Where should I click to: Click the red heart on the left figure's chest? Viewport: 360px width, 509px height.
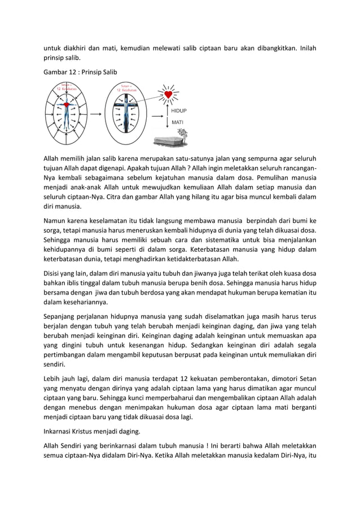click(x=67, y=106)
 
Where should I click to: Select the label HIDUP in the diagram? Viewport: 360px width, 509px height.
click(x=179, y=111)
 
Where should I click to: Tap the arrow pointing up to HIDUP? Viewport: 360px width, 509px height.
click(x=167, y=108)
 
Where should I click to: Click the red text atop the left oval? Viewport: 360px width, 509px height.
click(x=66, y=87)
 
